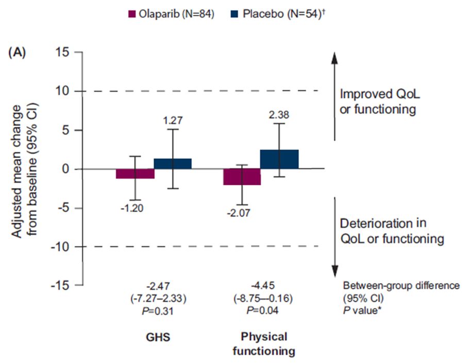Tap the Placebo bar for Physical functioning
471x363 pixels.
[279, 159]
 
